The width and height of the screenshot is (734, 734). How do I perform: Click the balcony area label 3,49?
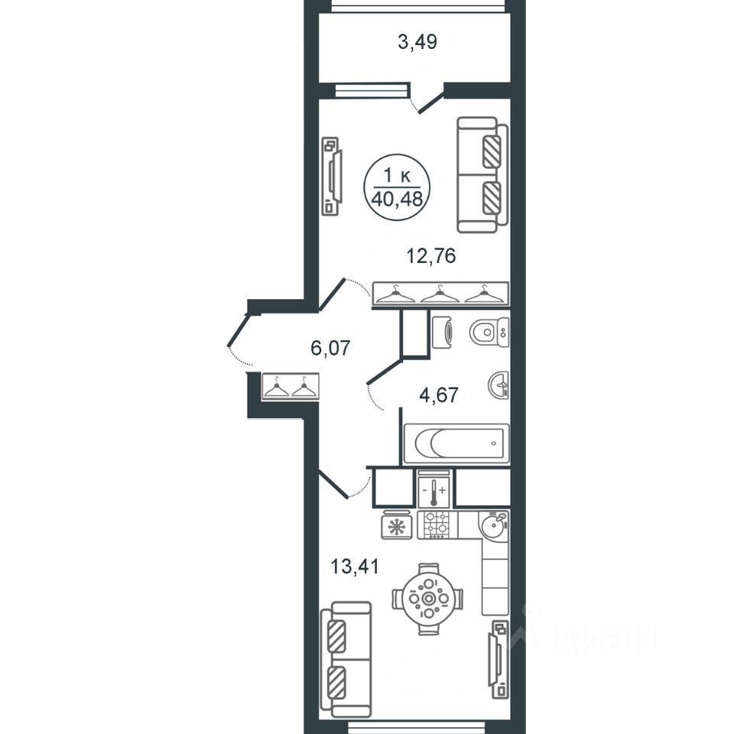click(x=417, y=42)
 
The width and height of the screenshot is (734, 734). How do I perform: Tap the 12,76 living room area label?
click(x=430, y=256)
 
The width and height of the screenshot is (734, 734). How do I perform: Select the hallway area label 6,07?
click(x=330, y=348)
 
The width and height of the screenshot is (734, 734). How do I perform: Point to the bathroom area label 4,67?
click(x=439, y=395)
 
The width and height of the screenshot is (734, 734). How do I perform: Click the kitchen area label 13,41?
click(x=354, y=567)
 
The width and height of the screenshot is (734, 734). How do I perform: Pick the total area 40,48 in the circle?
click(x=397, y=200)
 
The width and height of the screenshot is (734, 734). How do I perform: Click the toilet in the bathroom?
click(x=489, y=332)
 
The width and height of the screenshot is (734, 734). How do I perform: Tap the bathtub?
click(x=456, y=443)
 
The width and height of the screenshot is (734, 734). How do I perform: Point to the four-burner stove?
click(x=437, y=525)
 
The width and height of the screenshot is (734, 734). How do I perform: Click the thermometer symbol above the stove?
click(x=434, y=492)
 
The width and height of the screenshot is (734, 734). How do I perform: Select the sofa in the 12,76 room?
click(x=482, y=174)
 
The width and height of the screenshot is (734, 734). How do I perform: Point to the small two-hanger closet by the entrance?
click(x=291, y=387)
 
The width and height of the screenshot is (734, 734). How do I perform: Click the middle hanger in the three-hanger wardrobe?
click(x=440, y=295)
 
